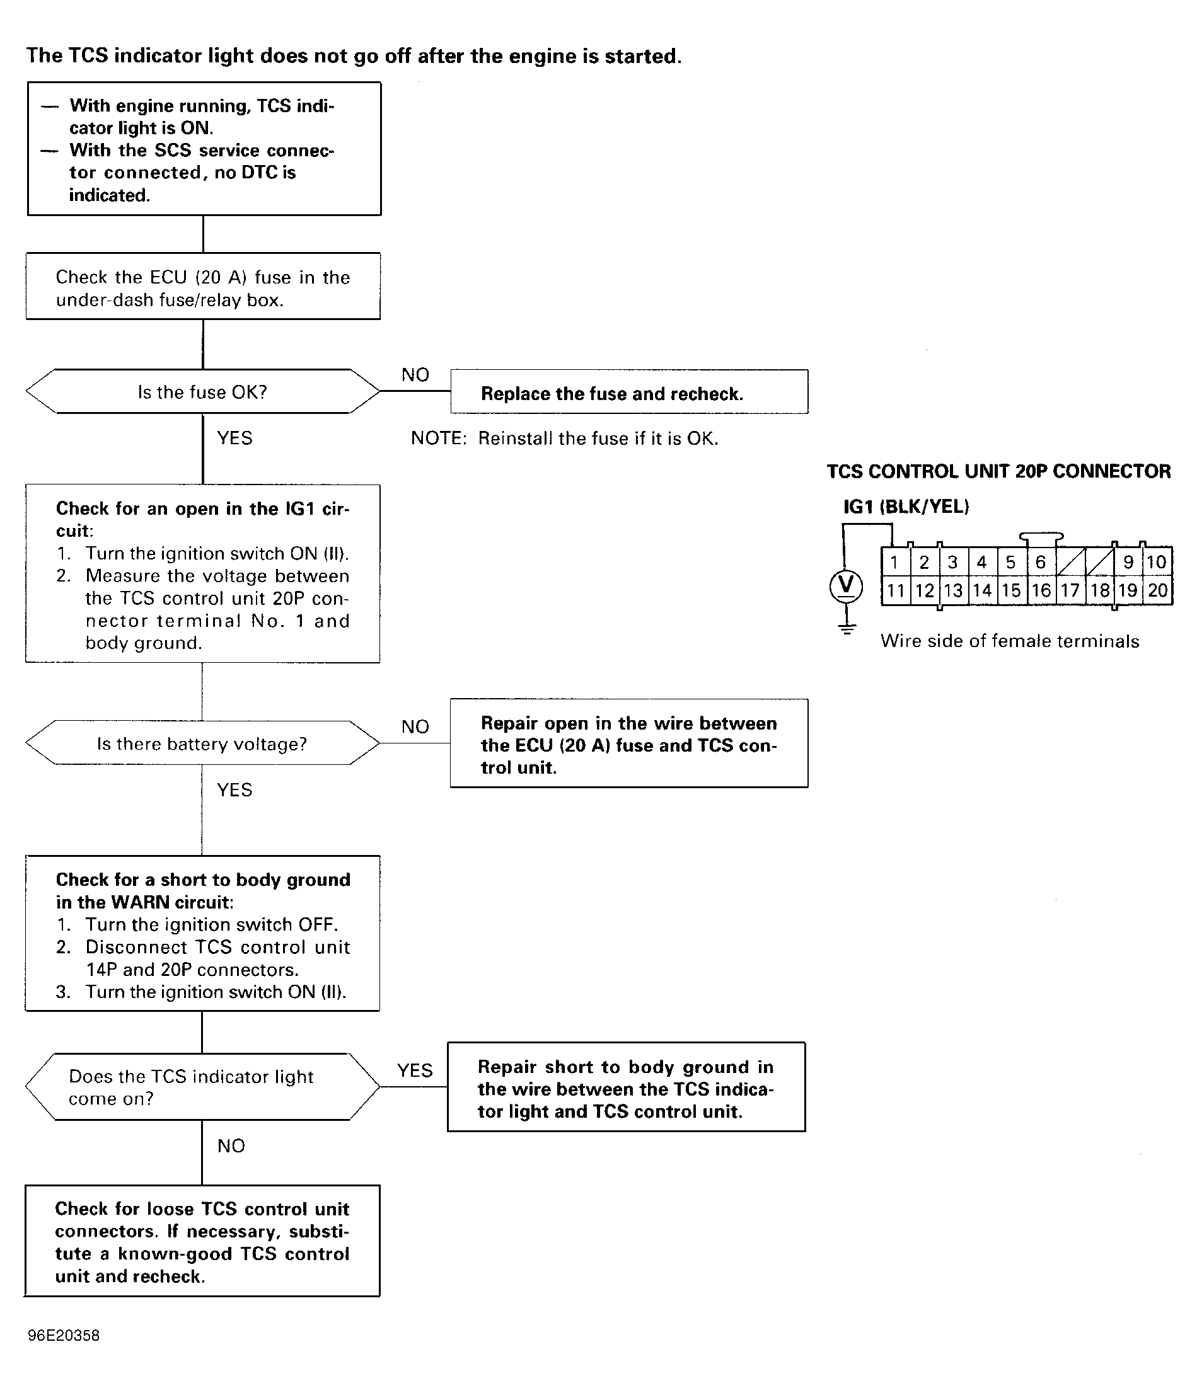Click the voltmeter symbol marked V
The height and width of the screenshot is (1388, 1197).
(x=847, y=585)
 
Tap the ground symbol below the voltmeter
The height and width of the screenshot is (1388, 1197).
(x=847, y=628)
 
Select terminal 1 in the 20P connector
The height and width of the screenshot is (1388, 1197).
(x=894, y=562)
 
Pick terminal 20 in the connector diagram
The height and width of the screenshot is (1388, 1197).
(x=1157, y=590)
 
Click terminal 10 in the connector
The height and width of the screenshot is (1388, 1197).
(x=1156, y=562)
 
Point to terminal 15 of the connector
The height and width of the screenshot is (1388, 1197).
(x=1010, y=590)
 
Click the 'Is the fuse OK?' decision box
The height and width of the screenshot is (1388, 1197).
(x=202, y=392)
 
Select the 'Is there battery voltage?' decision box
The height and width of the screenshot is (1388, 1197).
(x=202, y=743)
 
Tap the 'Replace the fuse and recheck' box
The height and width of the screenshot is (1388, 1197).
(x=628, y=393)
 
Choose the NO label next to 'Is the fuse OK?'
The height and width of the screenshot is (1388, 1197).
(x=415, y=375)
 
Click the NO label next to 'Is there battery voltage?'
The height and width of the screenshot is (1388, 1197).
(x=415, y=727)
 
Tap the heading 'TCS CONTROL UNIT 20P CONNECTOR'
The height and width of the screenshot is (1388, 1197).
(x=998, y=472)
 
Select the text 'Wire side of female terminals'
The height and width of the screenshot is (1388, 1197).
(x=1009, y=641)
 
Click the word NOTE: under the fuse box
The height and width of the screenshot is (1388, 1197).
(x=438, y=439)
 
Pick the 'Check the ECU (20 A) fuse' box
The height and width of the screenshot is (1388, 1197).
(x=202, y=287)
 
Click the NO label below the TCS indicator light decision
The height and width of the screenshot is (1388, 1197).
(x=231, y=1145)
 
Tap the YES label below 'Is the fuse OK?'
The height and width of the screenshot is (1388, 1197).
(x=234, y=438)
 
